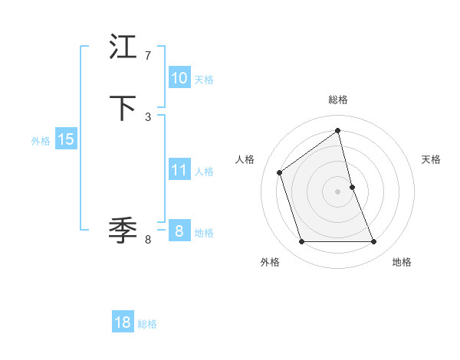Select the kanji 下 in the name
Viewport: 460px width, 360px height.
(123, 108)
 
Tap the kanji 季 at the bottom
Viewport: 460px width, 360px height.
(123, 229)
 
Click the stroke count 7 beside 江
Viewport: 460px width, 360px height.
(148, 56)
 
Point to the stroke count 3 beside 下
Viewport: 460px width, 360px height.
(148, 116)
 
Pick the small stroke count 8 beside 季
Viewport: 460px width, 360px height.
(148, 240)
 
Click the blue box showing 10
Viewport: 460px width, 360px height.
(179, 78)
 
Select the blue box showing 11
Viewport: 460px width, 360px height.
(179, 170)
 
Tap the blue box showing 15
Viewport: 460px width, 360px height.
(66, 139)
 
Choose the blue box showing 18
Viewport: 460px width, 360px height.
(123, 322)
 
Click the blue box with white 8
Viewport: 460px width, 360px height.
(179, 231)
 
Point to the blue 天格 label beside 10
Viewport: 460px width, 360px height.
(204, 79)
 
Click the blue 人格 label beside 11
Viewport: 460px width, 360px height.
(204, 171)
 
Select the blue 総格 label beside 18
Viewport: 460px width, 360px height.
(147, 324)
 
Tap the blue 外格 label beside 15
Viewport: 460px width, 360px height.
(41, 141)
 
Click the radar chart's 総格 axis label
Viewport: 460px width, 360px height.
(338, 100)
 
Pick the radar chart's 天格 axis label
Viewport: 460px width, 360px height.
(432, 159)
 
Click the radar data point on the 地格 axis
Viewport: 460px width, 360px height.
(374, 242)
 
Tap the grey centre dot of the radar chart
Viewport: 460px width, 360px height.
(338, 191)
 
